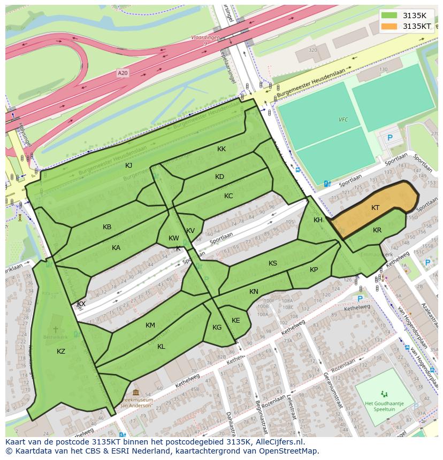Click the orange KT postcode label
(376, 208)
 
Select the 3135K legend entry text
(414, 15)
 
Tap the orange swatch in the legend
(389, 26)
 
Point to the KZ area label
(61, 351)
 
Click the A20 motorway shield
(123, 73)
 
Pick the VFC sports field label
(343, 120)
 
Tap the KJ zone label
(128, 166)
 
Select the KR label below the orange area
(377, 230)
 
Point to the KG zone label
(217, 328)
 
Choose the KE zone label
(235, 321)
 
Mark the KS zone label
(273, 263)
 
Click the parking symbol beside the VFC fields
(389, 138)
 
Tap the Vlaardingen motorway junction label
(205, 38)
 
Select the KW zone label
(174, 238)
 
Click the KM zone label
(150, 325)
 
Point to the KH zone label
(318, 220)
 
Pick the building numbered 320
(312, 50)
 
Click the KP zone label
(314, 270)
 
